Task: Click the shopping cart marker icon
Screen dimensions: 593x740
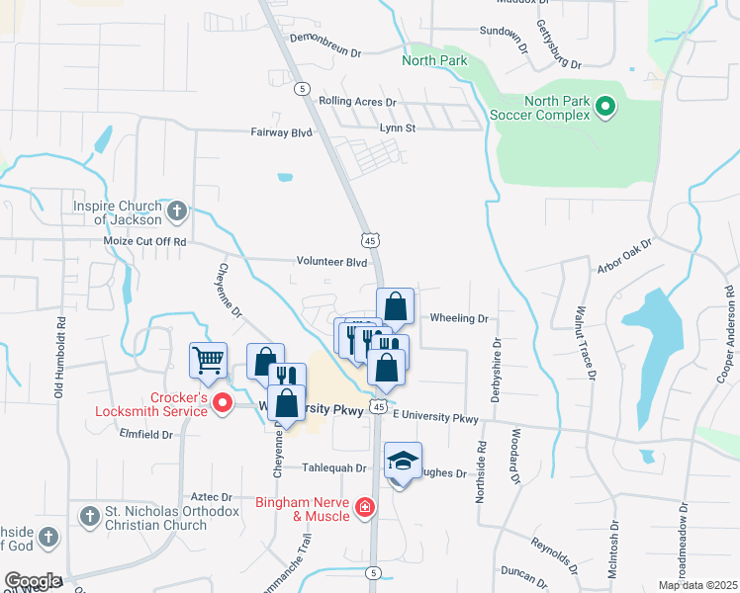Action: coord(209,362)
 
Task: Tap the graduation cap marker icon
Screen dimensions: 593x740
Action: coord(403,462)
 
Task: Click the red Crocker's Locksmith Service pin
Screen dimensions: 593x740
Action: coord(223,402)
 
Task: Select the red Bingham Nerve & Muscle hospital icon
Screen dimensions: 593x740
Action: coord(365,508)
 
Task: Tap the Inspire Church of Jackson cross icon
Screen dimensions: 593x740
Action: coord(176,210)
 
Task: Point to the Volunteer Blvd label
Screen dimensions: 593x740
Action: coord(331,263)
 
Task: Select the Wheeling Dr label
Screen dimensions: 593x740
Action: coord(459,318)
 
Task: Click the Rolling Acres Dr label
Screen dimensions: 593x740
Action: coord(356,102)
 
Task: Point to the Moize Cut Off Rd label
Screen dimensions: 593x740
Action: coord(144,241)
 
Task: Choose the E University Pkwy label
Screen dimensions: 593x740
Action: coord(435,419)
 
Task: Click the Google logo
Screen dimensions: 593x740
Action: coord(33,581)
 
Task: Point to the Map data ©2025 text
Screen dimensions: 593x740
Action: coord(696,585)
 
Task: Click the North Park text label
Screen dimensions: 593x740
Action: coord(433,61)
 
